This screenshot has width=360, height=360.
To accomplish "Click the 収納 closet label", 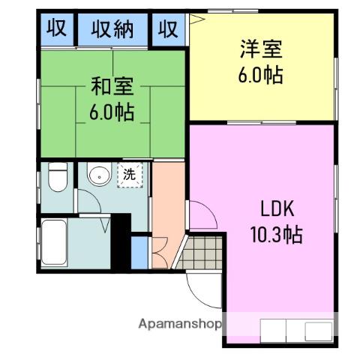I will tap(112, 30).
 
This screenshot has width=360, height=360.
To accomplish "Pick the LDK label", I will tap(276, 208).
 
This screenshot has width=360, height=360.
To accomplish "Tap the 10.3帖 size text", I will tap(276, 235).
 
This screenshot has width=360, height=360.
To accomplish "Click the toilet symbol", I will tap(57, 179).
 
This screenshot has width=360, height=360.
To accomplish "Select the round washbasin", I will tap(97, 177).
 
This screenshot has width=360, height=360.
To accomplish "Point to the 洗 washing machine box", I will tap(130, 176).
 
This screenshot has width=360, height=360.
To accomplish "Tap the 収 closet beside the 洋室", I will tap(169, 30).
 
